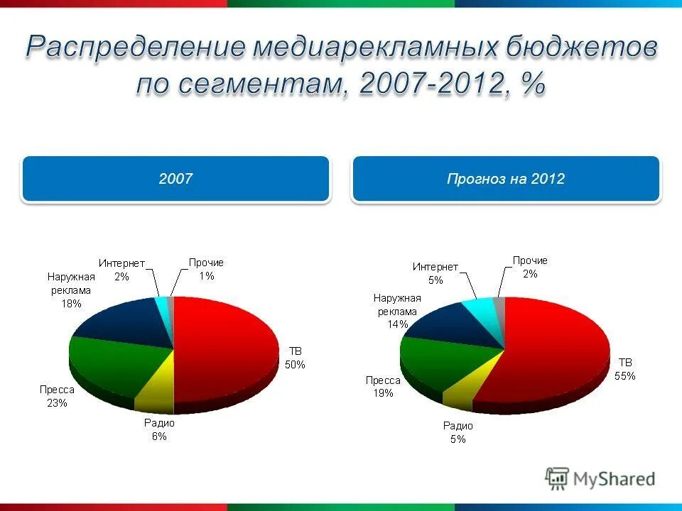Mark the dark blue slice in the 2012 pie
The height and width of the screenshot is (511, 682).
click(x=448, y=323)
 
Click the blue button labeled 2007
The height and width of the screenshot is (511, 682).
click(x=175, y=179)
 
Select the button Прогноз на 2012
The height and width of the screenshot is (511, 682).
click(x=506, y=179)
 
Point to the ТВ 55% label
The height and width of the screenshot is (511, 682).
click(x=625, y=369)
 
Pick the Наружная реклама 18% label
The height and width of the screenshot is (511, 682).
click(x=70, y=290)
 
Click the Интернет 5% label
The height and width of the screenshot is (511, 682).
click(x=435, y=273)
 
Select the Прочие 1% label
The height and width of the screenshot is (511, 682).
click(x=205, y=269)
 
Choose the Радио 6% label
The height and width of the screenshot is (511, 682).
click(x=158, y=429)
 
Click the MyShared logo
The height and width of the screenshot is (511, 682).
click(x=600, y=478)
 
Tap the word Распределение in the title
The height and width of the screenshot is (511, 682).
click(x=135, y=48)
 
